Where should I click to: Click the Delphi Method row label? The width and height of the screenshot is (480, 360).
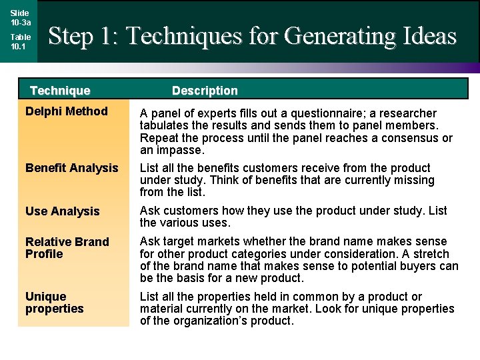(66, 111)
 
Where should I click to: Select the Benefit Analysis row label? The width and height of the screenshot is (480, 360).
(71, 168)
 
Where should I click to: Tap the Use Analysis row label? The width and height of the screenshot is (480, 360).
(62, 211)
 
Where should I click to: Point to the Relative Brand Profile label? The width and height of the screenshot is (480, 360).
(67, 248)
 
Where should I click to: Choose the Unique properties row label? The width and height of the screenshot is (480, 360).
(54, 303)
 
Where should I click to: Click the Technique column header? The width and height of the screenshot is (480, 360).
(60, 91)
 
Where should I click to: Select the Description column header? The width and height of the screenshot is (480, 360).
(205, 91)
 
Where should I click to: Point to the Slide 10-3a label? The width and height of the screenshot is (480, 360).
(20, 17)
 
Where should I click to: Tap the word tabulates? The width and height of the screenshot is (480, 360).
(166, 126)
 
